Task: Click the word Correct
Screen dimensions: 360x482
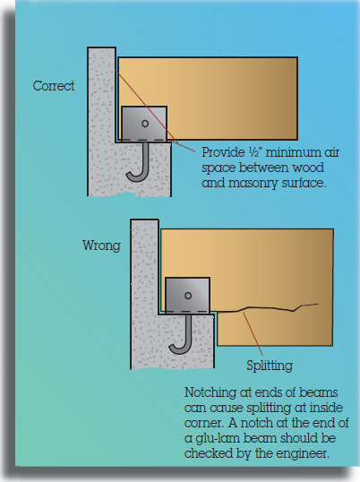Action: click(x=54, y=86)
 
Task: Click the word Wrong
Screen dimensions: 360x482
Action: click(x=101, y=245)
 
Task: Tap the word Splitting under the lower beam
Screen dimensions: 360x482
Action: click(x=270, y=366)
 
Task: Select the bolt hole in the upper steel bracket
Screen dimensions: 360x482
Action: click(x=145, y=124)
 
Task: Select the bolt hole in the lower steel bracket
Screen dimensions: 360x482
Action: click(x=188, y=296)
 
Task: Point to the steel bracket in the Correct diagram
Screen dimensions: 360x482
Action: click(x=144, y=124)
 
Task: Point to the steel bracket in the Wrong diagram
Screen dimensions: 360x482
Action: click(x=187, y=296)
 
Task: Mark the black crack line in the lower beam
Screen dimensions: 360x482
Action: click(x=267, y=308)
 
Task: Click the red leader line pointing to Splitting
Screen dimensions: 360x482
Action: click(x=253, y=334)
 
